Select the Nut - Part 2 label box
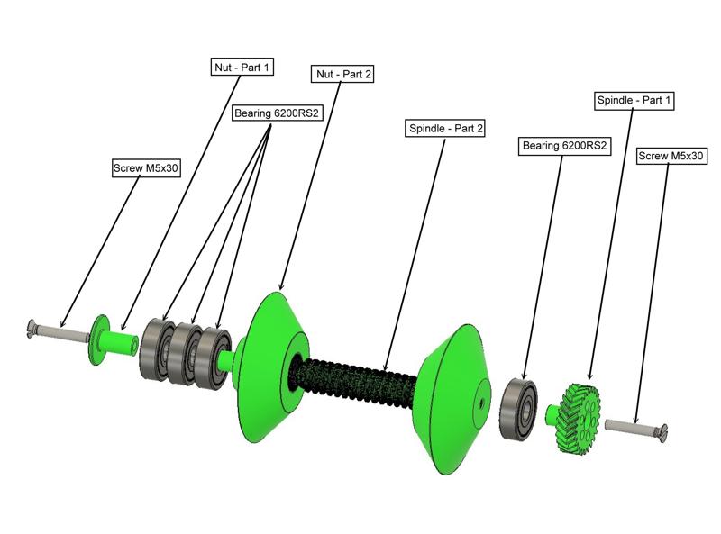click(342, 74)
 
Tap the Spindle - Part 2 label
click(446, 129)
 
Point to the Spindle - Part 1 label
click(634, 100)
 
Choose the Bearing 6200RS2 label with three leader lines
click(278, 113)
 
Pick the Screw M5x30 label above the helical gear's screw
click(671, 156)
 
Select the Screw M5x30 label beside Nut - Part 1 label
click(146, 168)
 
